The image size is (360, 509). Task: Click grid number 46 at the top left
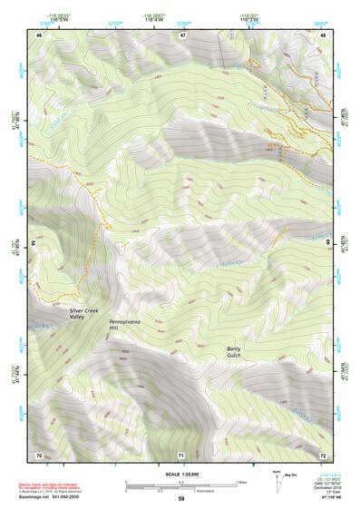click(39, 34)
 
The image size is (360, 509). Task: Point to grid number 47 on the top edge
click(182, 34)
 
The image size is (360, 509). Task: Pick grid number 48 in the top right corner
click(324, 34)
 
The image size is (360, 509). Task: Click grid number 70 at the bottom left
click(39, 454)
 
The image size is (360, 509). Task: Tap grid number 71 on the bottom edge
click(181, 454)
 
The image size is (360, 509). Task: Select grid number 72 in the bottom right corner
click(324, 454)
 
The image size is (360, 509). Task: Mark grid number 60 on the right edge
click(326, 243)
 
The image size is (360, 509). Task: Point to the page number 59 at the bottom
click(180, 499)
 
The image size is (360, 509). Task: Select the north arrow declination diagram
click(276, 479)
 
